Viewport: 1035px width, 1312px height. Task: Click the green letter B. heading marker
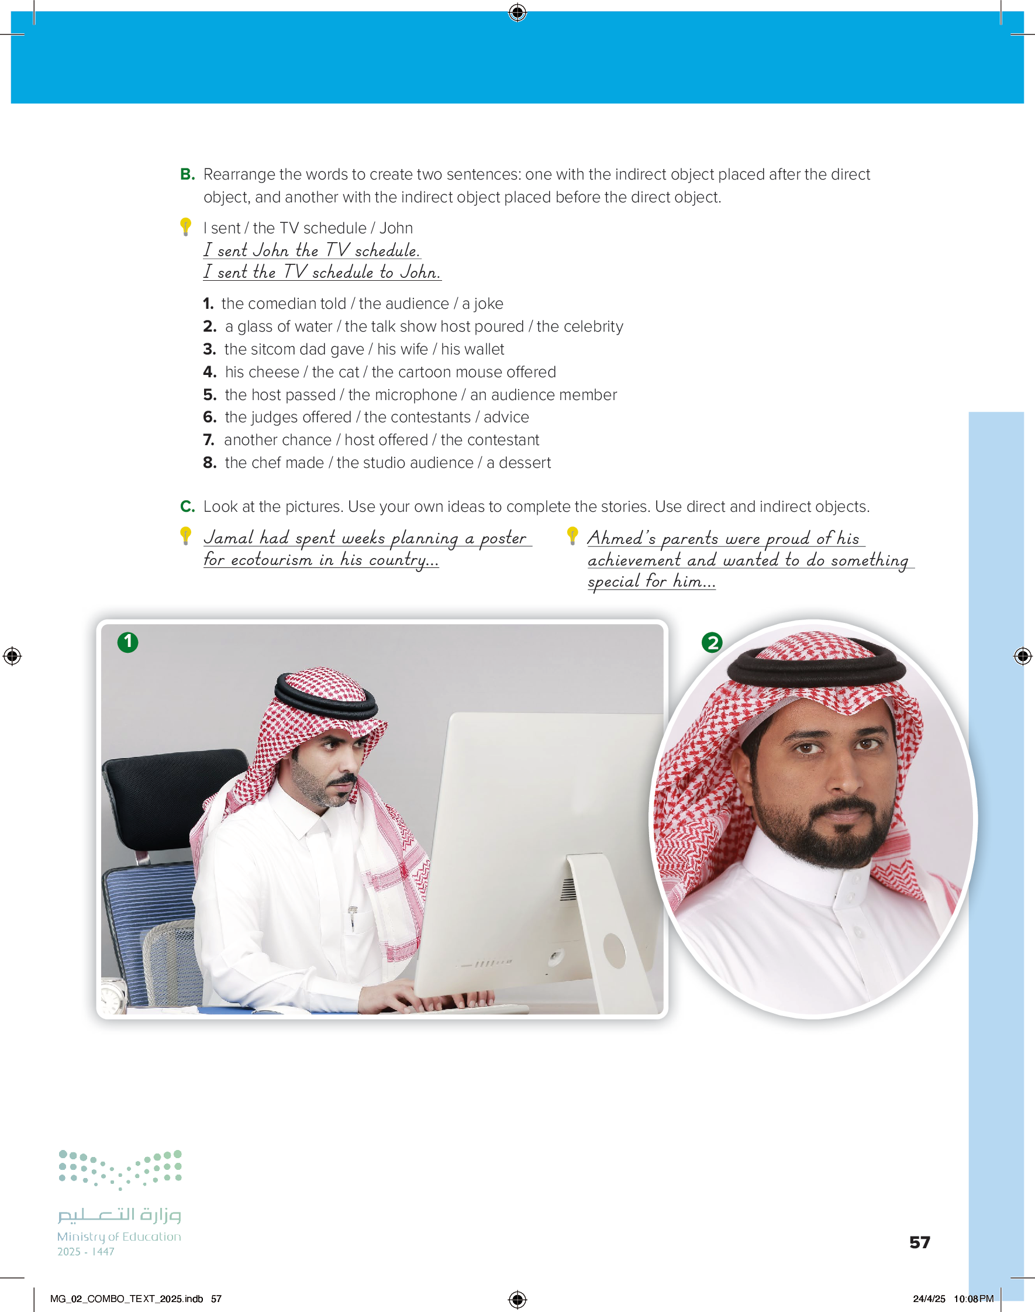click(187, 174)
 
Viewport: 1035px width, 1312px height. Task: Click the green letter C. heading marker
click(187, 507)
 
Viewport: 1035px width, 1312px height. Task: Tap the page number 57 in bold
click(919, 1242)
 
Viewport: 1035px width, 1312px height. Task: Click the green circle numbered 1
click(128, 642)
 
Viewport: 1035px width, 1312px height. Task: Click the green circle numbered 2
click(712, 642)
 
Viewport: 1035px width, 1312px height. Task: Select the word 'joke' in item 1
click(489, 304)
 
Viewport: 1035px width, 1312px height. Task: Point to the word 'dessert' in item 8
click(525, 463)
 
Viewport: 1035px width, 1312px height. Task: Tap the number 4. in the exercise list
click(210, 372)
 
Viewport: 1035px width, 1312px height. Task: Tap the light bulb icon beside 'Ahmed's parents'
click(572, 536)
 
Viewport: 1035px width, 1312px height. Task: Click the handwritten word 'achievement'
click(634, 560)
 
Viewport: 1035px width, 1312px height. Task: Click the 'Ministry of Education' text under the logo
click(119, 1236)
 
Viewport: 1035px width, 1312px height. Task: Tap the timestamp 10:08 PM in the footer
click(973, 1299)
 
